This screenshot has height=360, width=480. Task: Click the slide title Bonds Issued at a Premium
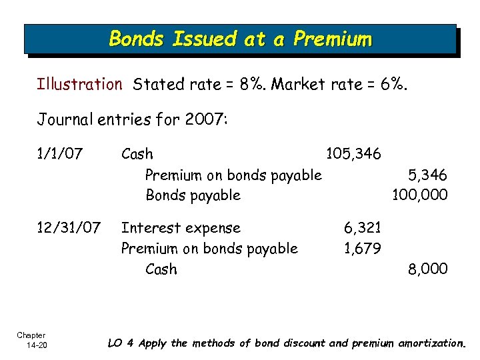[240, 39]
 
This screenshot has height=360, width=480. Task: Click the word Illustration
[79, 85]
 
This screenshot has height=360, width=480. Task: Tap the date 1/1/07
[60, 154]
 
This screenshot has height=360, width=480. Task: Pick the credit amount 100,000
[420, 195]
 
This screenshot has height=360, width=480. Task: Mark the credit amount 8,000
[427, 269]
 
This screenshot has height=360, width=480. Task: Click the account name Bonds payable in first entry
[193, 195]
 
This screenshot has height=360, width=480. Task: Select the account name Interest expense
[180, 228]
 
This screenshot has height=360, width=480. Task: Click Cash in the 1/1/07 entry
[137, 155]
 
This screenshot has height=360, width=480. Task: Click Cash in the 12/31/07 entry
[161, 269]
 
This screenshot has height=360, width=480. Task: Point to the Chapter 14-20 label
[31, 339]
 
